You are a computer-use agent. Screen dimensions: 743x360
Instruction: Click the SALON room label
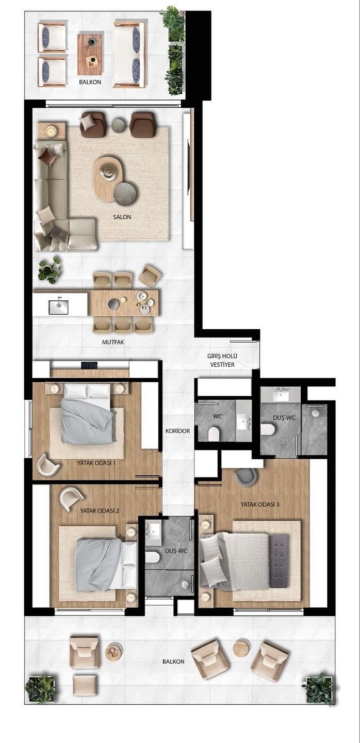[x=122, y=217]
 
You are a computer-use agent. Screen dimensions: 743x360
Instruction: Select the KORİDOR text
[x=178, y=431]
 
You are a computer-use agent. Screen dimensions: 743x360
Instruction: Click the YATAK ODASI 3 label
[x=260, y=504]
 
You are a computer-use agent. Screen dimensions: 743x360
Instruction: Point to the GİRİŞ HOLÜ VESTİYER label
[x=222, y=360]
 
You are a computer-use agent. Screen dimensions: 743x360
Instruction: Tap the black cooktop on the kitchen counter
[x=89, y=365]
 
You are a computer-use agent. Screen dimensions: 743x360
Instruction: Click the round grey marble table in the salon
[x=125, y=193]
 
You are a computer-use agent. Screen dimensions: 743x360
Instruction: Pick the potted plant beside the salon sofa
[x=50, y=270]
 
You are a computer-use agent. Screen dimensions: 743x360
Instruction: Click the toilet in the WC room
[x=214, y=434]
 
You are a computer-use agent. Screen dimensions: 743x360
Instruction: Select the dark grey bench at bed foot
[x=280, y=560]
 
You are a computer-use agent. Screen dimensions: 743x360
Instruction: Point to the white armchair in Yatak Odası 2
[x=71, y=498]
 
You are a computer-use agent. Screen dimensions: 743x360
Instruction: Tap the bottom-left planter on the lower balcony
[x=40, y=688]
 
